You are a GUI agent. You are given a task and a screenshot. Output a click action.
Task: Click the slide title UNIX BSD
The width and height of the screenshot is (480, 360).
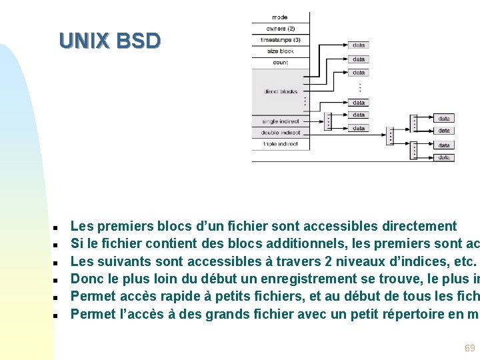[x=109, y=41]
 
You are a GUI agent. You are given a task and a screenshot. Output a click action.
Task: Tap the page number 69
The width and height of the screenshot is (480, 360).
[x=470, y=348]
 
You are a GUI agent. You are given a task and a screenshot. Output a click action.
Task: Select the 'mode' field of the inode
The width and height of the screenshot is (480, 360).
[x=281, y=17]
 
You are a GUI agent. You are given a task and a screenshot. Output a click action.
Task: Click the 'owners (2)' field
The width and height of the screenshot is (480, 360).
[x=281, y=29]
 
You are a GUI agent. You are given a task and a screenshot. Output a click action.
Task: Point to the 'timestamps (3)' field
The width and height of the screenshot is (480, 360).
[x=281, y=40]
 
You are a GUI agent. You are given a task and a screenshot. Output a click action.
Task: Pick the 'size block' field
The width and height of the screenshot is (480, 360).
[x=281, y=51]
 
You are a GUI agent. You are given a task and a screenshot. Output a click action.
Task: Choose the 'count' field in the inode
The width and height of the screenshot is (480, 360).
[x=281, y=63]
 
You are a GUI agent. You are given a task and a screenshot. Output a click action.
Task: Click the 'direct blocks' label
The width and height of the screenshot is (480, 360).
[x=281, y=91]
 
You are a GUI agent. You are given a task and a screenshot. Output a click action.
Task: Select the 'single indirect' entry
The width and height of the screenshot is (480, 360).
[x=281, y=121]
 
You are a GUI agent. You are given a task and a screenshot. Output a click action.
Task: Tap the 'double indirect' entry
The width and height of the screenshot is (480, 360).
[x=281, y=133]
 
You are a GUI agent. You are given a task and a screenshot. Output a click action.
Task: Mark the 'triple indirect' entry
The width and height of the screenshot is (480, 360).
[x=281, y=144]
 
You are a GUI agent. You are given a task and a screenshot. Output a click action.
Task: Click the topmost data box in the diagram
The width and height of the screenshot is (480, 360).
[x=359, y=45]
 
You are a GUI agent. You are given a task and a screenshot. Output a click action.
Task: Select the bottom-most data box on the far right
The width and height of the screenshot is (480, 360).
[x=444, y=158]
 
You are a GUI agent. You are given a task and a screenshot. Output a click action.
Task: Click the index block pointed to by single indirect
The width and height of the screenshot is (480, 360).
[x=328, y=121]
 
